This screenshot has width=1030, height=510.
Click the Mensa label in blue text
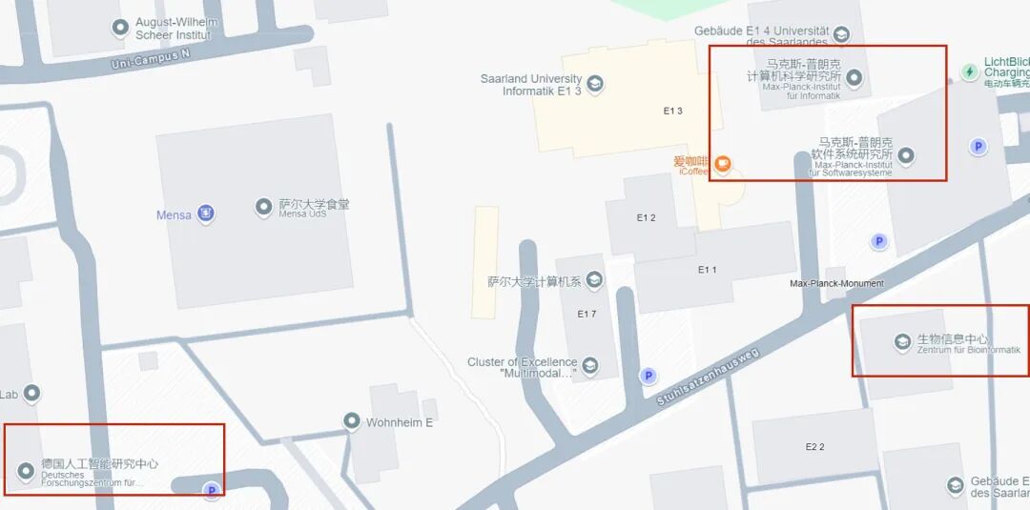coord(174,215)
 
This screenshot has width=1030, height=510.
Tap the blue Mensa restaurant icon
coord(205,214)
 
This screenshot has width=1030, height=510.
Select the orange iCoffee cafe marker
coord(723,165)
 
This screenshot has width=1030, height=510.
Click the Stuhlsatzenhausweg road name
coord(707,377)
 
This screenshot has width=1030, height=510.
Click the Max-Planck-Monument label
coord(836,283)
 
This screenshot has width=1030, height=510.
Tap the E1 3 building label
coord(673,112)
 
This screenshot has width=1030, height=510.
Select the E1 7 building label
coord(587,314)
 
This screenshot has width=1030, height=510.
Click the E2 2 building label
coord(814,446)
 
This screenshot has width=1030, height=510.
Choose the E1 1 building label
coord(707,270)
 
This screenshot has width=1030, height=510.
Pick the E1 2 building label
coord(647,217)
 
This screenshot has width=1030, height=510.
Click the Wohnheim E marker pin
coord(352,420)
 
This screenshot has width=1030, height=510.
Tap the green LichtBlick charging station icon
coord(970,71)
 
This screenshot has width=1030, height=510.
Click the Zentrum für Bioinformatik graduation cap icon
coord(901,341)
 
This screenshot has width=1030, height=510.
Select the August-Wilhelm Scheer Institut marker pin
coord(120,28)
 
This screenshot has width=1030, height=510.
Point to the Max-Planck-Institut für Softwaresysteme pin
coord(907,154)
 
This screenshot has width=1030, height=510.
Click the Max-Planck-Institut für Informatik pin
coord(855,77)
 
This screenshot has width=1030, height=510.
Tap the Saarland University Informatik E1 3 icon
coord(596,84)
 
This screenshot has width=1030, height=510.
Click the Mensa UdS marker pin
coord(263,206)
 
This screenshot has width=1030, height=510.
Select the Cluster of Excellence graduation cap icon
coord(590,365)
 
